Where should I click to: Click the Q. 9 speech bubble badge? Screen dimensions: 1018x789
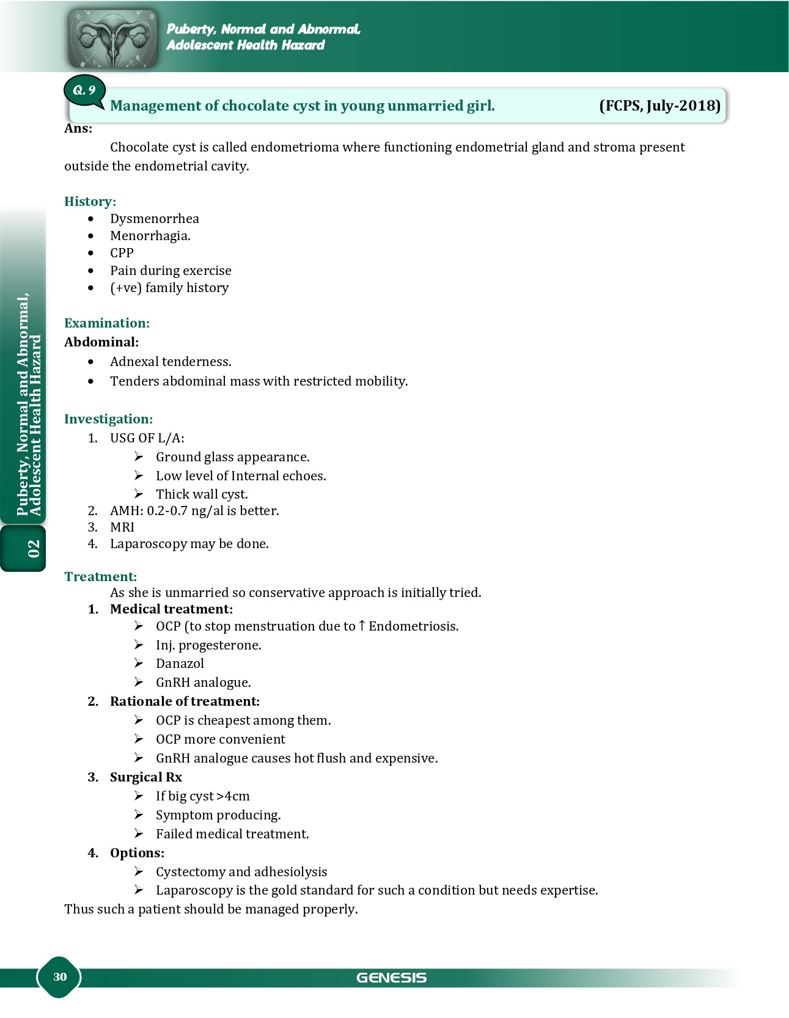[84, 91]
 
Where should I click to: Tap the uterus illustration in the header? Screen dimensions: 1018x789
[112, 38]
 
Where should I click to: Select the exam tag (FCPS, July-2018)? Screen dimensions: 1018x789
[659, 106]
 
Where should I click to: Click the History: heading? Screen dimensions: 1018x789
[90, 202]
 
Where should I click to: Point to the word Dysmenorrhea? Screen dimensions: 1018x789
[154, 219]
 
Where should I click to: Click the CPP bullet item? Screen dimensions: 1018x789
[122, 253]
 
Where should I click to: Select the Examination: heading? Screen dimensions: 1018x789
[107, 323]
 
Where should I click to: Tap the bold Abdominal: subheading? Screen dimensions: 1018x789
[101, 342]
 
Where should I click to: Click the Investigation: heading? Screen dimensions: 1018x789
[108, 419]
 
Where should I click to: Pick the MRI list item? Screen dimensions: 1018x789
[122, 527]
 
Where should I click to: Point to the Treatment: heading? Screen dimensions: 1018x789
[100, 577]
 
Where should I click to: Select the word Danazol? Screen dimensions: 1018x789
[180, 664]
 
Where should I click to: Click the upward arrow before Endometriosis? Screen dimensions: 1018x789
[362, 626]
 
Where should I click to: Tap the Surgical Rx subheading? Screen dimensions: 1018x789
[145, 777]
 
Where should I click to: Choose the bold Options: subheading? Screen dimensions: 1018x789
[137, 853]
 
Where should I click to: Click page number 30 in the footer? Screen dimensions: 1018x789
[60, 976]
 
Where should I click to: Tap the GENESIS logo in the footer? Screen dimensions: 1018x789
[391, 978]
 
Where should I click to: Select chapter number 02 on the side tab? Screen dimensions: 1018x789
[34, 548]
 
